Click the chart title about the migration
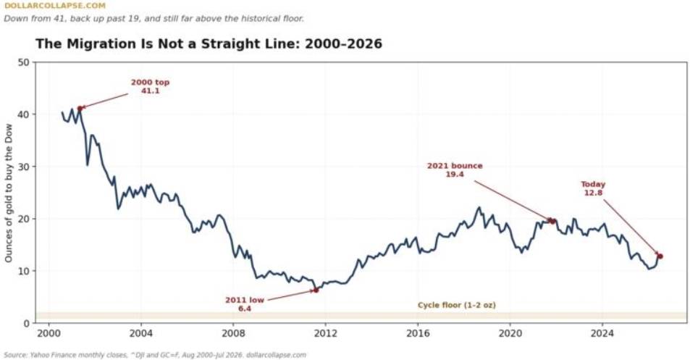pos(209,44)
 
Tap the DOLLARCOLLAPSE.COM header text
pos(55,6)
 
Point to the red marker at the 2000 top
pos(80,108)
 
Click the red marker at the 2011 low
pos(316,290)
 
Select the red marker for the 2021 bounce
pos(552,221)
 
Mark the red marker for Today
pos(660,256)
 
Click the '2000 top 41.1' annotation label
pos(150,86)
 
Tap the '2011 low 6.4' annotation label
pos(245,304)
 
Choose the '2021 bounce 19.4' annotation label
pos(455,170)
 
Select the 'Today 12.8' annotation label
pos(593,188)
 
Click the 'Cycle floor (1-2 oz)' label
pos(457,305)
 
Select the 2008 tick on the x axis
pos(233,332)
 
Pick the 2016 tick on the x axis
pos(418,332)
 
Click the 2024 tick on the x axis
pos(602,332)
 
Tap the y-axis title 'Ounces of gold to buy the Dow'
pos(9,193)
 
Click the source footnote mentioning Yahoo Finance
pos(155,355)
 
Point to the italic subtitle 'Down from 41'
pos(154,19)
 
